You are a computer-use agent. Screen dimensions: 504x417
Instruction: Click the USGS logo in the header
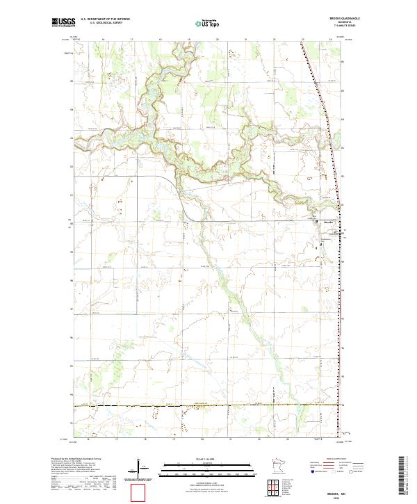(64, 23)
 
